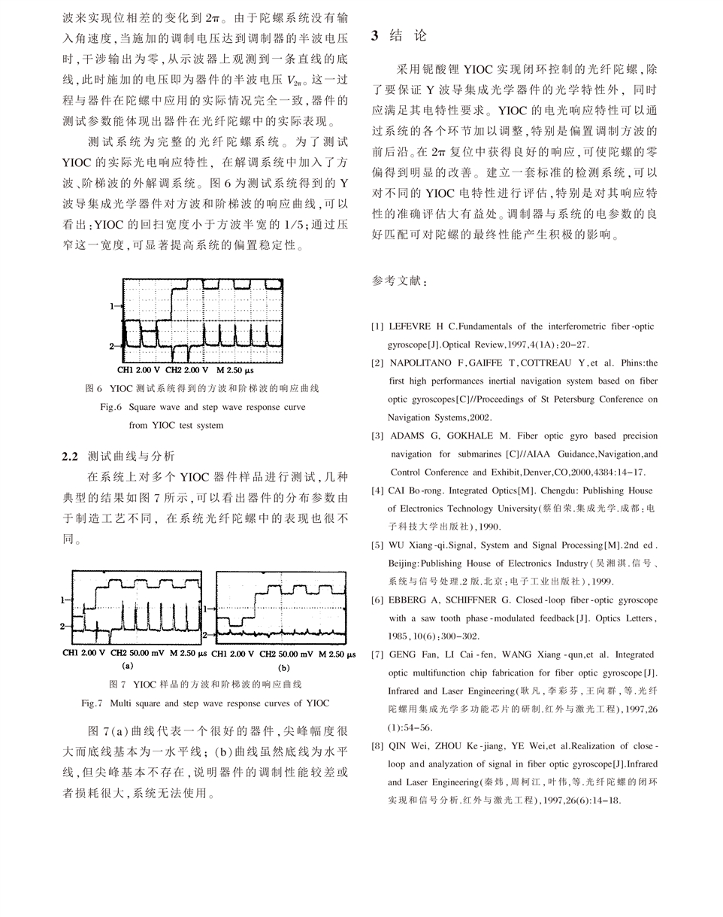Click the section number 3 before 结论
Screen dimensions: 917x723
click(375, 36)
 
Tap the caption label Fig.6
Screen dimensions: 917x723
click(110, 407)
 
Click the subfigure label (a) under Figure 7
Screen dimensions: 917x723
click(127, 666)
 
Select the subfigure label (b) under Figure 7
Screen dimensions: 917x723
click(284, 667)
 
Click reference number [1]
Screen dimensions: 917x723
click(377, 326)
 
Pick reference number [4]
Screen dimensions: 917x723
click(377, 490)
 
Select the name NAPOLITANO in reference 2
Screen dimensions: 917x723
click(422, 363)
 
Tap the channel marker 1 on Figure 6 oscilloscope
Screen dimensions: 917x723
click(112, 306)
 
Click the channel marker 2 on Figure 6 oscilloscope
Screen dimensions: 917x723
click(112, 346)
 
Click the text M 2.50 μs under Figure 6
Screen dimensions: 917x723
click(235, 370)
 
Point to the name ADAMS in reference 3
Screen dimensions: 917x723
click(407, 436)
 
